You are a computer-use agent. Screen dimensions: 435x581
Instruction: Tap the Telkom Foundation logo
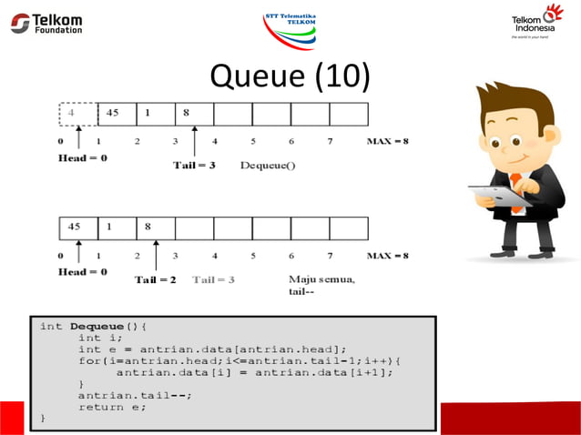click(47, 23)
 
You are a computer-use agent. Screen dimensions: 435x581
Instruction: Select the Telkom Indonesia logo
click(537, 22)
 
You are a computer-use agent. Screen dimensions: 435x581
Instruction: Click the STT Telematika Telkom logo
click(290, 28)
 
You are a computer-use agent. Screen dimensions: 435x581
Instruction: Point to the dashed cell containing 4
click(78, 114)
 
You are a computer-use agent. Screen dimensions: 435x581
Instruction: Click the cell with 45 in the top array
click(117, 114)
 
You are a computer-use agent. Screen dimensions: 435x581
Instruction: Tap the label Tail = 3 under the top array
click(194, 165)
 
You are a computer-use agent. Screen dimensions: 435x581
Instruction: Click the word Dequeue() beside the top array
click(268, 165)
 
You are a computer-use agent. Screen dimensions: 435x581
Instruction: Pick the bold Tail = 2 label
click(156, 279)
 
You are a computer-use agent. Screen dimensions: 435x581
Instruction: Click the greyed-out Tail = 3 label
click(213, 279)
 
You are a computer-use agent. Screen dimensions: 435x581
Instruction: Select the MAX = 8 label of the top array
click(388, 141)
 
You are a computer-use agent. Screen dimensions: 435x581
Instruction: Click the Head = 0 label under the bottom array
click(82, 271)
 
